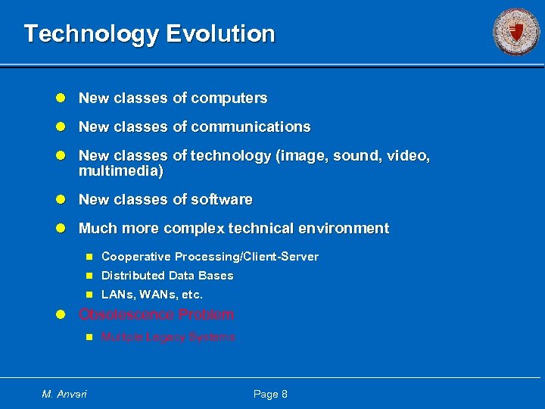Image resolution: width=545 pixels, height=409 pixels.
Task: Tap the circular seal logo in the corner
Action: click(x=516, y=32)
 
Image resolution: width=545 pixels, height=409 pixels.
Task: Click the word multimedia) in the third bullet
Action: click(x=121, y=171)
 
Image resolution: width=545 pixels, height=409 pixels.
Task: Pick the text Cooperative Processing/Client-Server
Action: click(x=210, y=257)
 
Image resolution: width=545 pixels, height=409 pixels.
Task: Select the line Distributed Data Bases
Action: click(x=167, y=276)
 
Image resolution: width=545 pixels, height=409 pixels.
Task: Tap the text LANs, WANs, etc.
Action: click(x=152, y=295)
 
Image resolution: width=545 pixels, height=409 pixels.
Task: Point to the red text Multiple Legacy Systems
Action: click(x=168, y=337)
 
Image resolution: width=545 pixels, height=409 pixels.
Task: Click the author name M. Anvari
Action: click(x=64, y=394)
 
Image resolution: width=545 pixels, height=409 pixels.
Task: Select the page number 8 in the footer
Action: click(x=284, y=394)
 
